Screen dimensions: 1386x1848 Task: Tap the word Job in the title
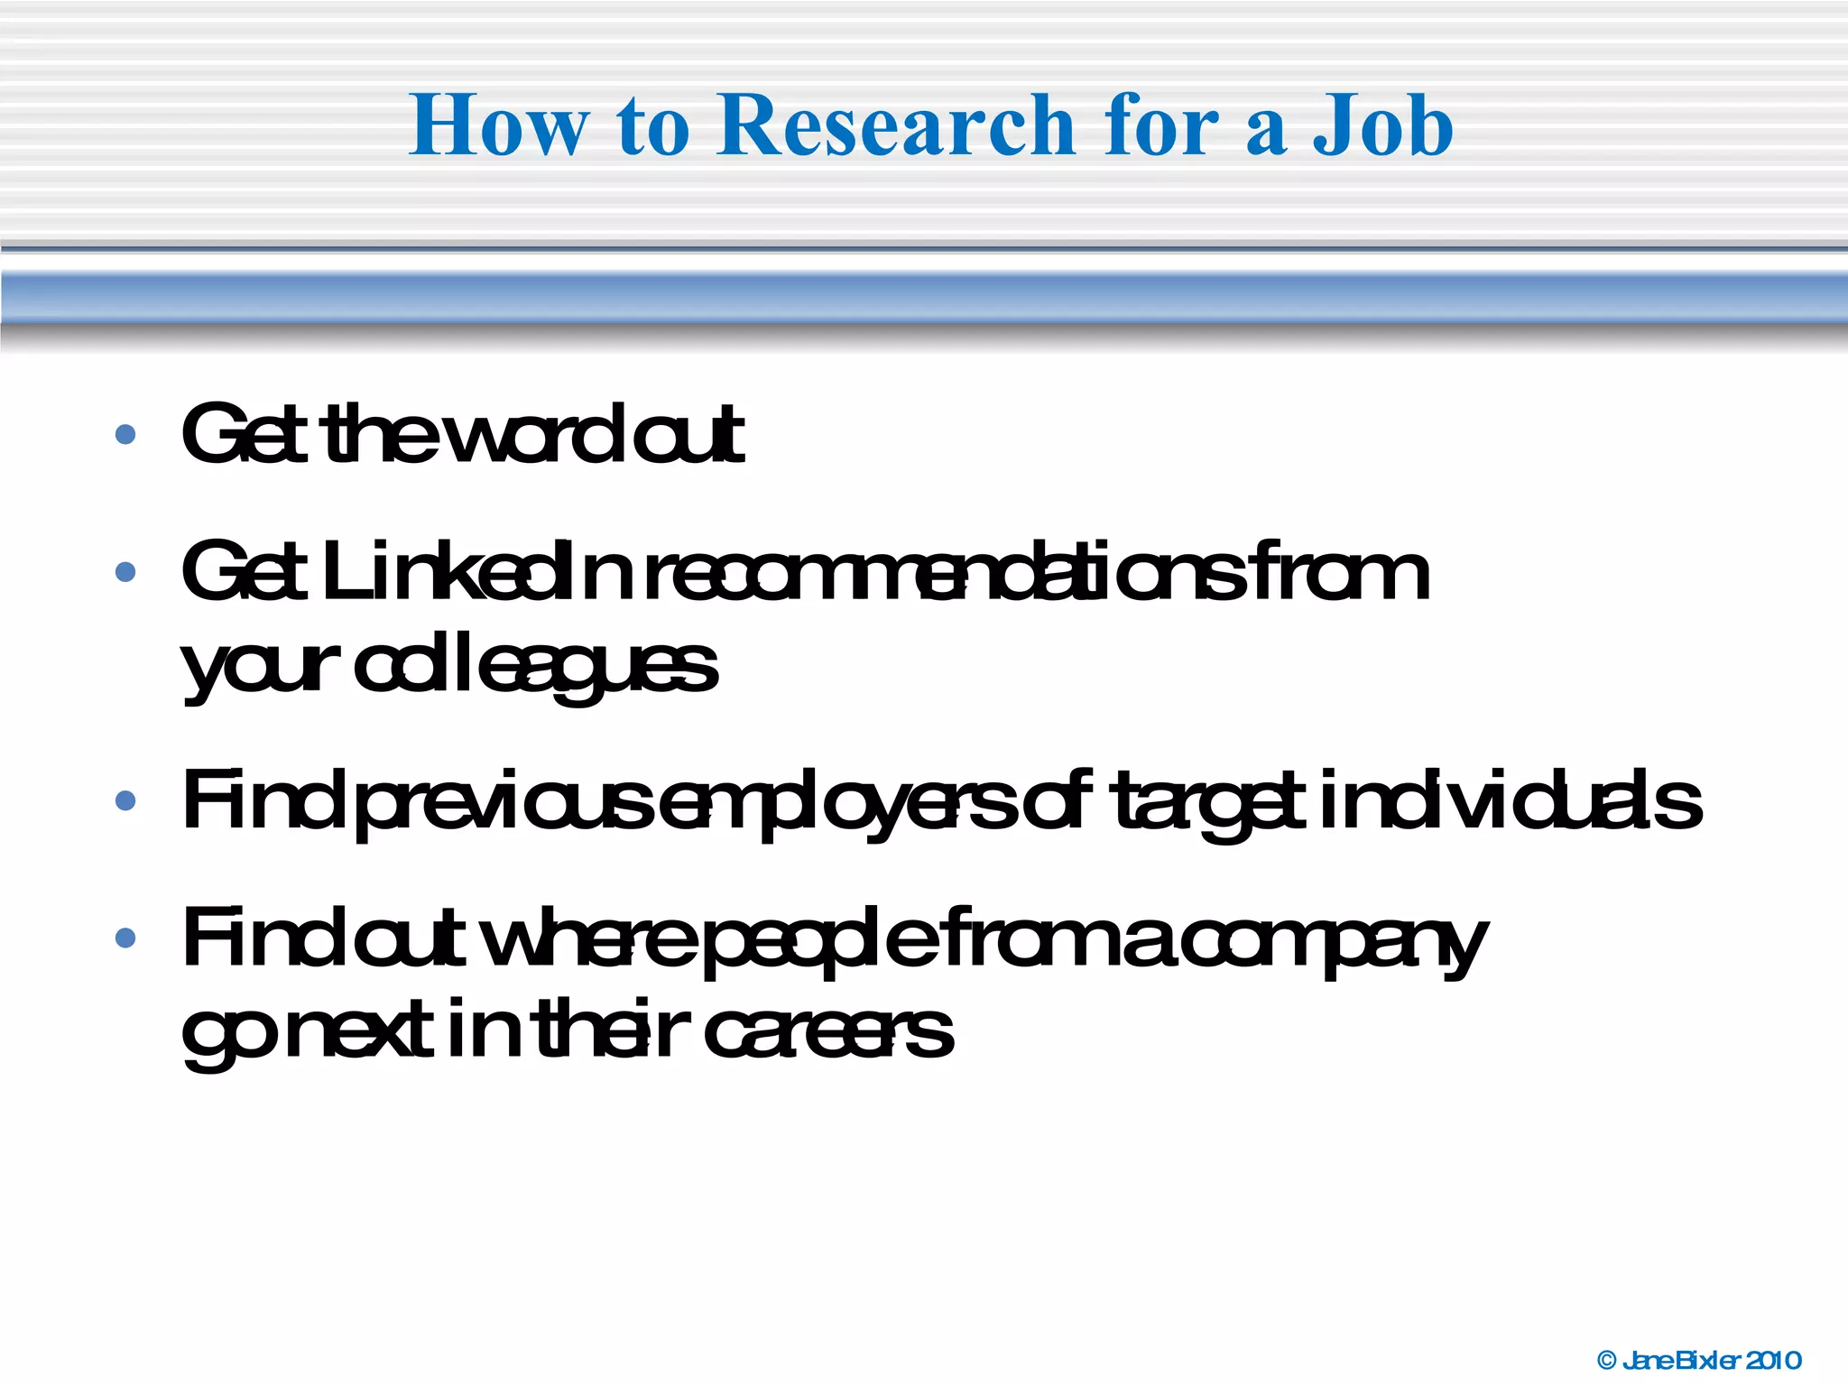click(1382, 126)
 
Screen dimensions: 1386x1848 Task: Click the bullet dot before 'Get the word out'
click(125, 435)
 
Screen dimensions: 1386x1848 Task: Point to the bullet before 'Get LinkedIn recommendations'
click(125, 571)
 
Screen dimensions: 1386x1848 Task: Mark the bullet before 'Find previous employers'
click(125, 799)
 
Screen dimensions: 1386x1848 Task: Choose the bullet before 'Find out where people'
click(125, 938)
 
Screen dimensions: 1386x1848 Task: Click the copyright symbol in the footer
click(1607, 1360)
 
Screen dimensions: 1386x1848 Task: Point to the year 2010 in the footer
click(1774, 1360)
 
